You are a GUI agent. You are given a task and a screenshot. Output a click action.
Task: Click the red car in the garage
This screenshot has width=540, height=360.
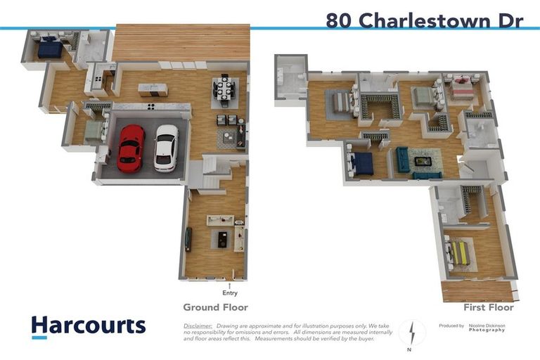[131, 148]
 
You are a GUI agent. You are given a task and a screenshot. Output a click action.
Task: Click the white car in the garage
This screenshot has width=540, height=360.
[167, 147]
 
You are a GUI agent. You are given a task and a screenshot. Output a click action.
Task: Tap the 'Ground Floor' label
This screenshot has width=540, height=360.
[215, 307]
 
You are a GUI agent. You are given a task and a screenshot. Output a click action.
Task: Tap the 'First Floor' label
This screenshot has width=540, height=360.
[488, 307]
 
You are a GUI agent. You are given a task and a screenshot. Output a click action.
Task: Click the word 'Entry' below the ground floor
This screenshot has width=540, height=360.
[229, 293]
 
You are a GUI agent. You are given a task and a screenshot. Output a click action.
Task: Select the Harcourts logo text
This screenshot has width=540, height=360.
[88, 326]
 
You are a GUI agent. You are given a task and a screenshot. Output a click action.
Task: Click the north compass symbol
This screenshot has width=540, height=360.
[412, 331]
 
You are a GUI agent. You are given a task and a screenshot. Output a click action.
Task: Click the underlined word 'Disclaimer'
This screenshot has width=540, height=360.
[198, 326]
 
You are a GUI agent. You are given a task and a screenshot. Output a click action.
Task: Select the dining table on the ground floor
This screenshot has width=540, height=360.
[226, 89]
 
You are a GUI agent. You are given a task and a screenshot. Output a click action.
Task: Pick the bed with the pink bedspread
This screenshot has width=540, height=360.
[463, 88]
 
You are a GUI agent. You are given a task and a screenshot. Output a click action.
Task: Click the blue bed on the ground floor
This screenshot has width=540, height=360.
[51, 49]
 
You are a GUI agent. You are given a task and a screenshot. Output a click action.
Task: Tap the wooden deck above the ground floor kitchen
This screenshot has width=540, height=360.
[181, 42]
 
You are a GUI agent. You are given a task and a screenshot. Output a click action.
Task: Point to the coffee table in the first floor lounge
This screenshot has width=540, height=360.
[423, 161]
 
